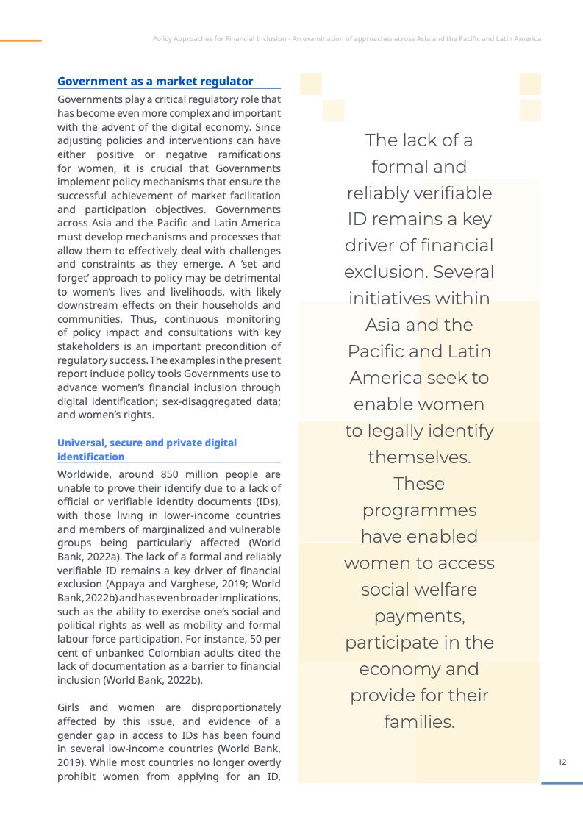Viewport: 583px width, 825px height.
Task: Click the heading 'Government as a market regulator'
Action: (x=155, y=82)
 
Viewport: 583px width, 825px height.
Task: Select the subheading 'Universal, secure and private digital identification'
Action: (x=147, y=450)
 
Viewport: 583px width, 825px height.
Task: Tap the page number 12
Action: (x=562, y=762)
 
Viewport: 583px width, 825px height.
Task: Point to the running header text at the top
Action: (x=346, y=38)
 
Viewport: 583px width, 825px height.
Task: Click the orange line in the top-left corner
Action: (x=21, y=40)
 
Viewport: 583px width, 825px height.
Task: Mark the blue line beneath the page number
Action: (x=562, y=783)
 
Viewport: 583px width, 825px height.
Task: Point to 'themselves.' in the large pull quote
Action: (x=419, y=457)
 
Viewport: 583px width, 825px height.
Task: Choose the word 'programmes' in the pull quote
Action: (x=419, y=510)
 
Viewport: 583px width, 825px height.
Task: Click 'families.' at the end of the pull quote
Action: (x=419, y=722)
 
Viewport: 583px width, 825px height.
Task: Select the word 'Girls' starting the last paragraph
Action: (x=70, y=707)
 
